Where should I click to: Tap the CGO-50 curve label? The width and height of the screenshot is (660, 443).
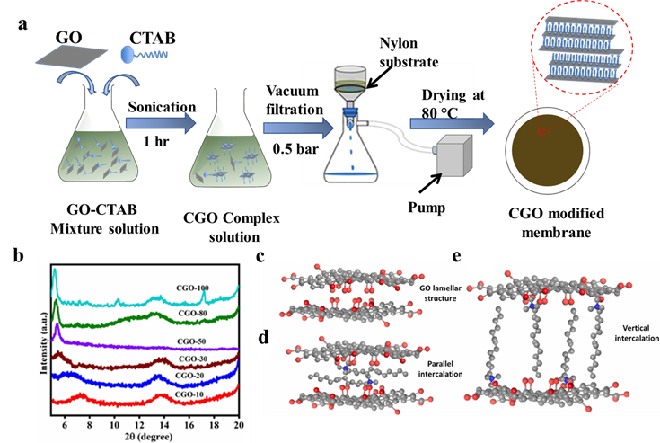tap(190, 341)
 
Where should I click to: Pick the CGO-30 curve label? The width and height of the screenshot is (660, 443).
tap(192, 358)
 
